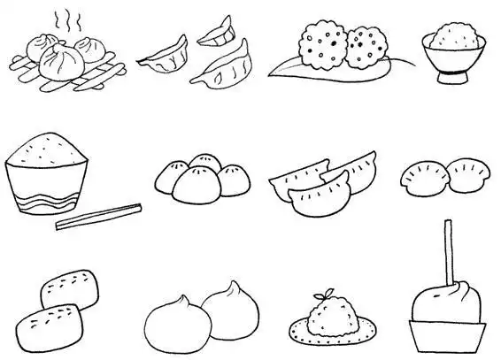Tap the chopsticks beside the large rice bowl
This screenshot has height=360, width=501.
[98, 216]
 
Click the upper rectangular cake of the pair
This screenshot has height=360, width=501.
[71, 287]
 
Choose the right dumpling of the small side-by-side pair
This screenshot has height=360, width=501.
[466, 173]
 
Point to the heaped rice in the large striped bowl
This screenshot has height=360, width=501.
[49, 148]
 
